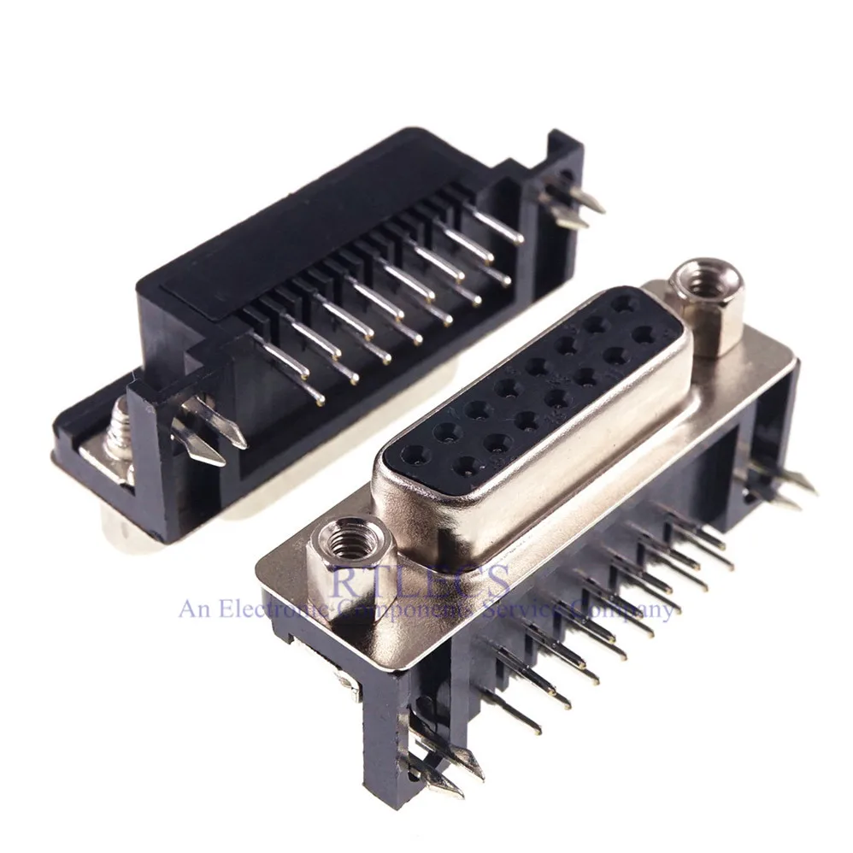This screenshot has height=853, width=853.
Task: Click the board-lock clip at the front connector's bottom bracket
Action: click(440, 761)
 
